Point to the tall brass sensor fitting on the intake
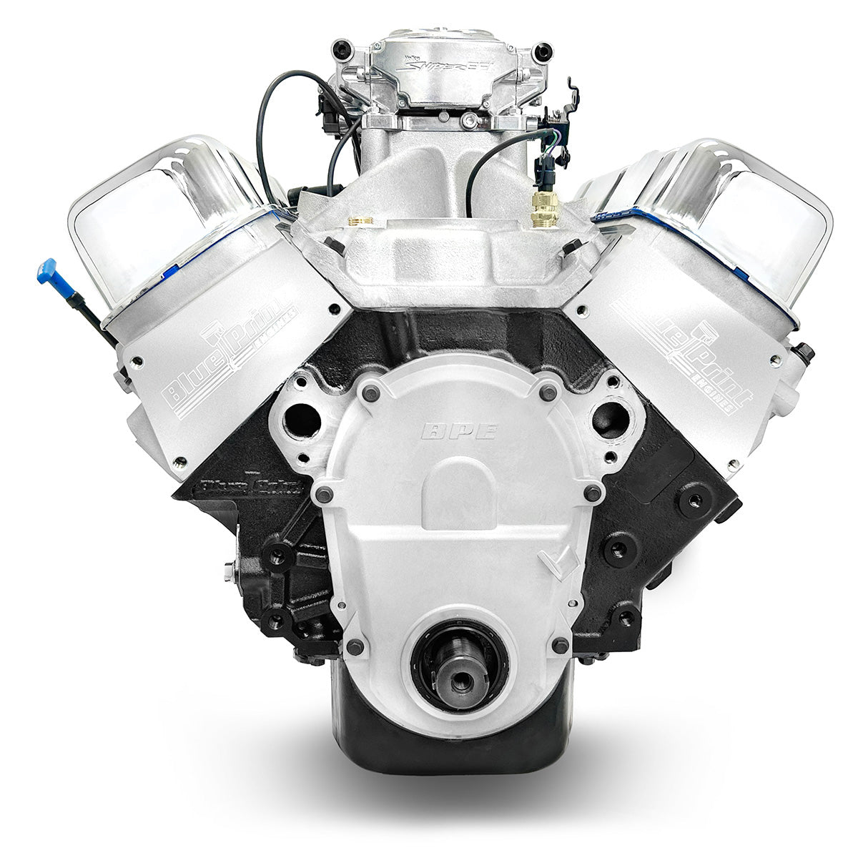click(x=536, y=213)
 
